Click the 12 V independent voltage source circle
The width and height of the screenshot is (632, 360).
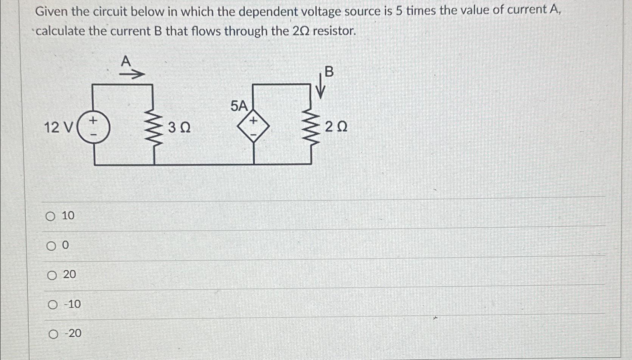point(93,127)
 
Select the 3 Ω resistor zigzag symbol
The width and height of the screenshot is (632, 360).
point(154,127)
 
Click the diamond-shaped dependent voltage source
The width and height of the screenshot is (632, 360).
point(253,126)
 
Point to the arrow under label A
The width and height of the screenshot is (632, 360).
point(132,74)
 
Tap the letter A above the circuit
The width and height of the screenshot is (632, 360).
point(126,61)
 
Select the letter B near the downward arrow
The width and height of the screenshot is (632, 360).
point(329,71)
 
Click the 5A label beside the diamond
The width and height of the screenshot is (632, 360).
point(239,106)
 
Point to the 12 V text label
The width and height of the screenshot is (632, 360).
point(58,127)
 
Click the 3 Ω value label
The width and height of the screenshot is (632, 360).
point(179,128)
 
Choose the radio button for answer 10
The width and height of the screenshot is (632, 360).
point(51,217)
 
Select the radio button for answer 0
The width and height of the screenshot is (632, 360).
point(51,247)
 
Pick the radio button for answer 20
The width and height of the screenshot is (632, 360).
point(52,276)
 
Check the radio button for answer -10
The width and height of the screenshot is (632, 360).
point(53,305)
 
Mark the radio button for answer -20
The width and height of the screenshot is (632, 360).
point(53,334)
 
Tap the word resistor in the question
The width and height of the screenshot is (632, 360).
point(334,31)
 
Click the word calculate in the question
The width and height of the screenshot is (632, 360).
point(61,31)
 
